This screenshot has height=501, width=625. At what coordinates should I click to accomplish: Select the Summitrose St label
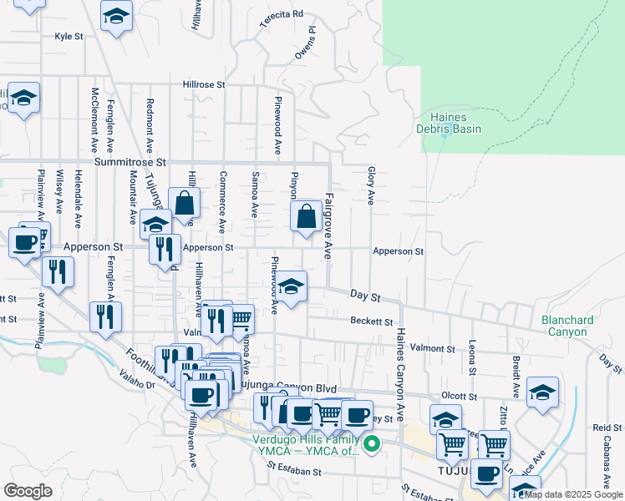click(x=131, y=161)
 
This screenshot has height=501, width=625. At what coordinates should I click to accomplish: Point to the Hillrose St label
click(x=205, y=85)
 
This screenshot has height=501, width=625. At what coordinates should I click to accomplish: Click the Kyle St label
click(x=69, y=37)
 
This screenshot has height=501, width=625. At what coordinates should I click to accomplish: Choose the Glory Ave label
click(x=370, y=185)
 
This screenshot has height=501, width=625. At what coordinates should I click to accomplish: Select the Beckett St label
click(x=372, y=321)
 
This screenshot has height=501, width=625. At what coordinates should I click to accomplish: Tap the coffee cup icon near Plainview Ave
click(x=26, y=242)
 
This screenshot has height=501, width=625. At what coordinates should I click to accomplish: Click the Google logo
click(x=28, y=491)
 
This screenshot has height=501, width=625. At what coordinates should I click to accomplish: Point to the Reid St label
click(x=602, y=428)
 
